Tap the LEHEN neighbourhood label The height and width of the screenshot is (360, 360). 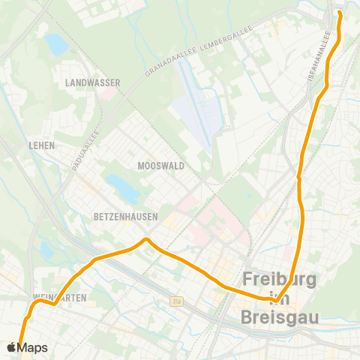(x=42, y=145)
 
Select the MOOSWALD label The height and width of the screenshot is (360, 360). (x=161, y=165)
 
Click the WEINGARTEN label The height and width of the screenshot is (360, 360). (x=60, y=298)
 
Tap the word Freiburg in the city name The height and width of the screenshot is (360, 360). (x=280, y=280)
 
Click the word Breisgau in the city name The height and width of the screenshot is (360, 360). (x=280, y=317)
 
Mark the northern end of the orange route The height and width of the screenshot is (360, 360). (x=339, y=13)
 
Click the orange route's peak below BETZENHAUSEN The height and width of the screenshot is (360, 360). (x=147, y=240)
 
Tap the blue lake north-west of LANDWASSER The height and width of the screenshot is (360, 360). (x=55, y=43)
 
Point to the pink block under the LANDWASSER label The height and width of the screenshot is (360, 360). (x=109, y=94)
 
